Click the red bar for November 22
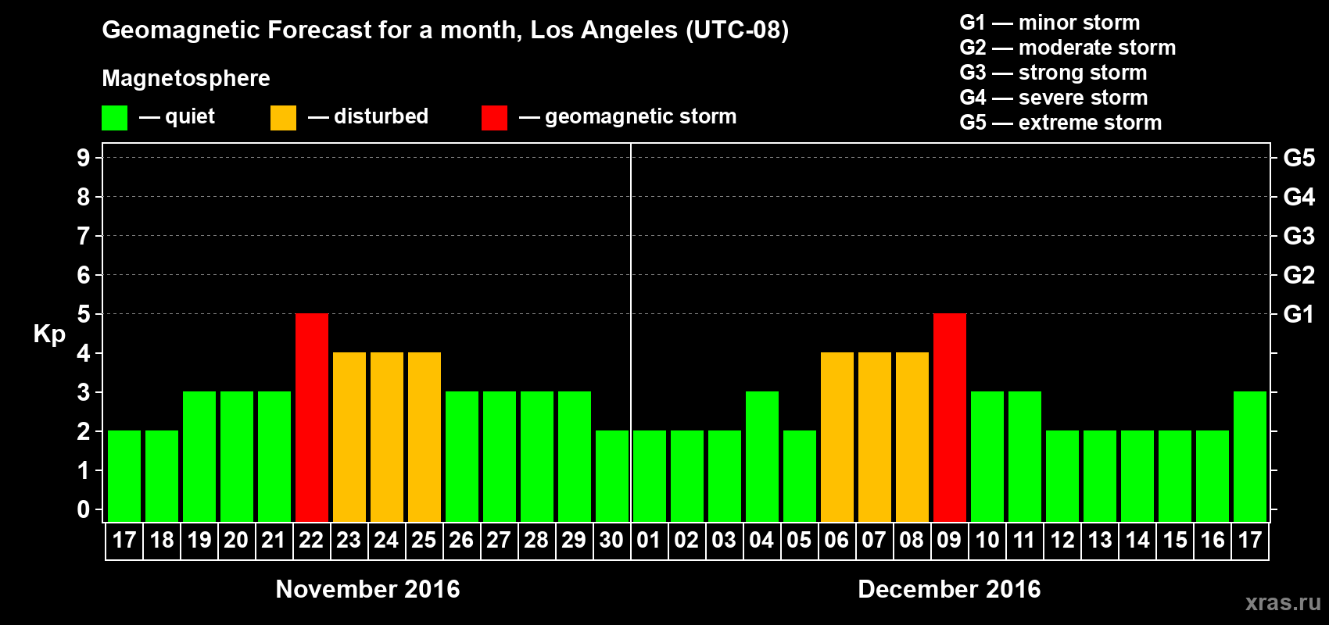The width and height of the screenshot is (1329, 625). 312,417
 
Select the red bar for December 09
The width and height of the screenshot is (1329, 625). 950,417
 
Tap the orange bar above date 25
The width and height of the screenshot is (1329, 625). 424,437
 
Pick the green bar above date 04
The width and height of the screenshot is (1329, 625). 762,456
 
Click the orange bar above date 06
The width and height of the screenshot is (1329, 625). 837,437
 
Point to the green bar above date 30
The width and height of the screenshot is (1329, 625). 612,476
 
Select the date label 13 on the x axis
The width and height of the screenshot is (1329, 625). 1100,540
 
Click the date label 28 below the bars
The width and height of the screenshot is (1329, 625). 536,540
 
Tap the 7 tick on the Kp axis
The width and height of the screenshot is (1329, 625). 84,236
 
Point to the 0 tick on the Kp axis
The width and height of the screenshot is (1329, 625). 84,509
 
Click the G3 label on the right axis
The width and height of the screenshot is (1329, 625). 1299,236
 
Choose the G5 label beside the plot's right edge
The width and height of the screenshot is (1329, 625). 1299,158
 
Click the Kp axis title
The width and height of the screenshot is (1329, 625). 49,334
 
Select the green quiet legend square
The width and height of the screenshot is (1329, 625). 114,118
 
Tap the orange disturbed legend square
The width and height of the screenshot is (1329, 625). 283,118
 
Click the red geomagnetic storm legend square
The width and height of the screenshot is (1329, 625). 494,118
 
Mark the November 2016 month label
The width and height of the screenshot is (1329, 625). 367,589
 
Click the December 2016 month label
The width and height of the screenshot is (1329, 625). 949,589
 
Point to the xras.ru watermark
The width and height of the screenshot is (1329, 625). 1283,602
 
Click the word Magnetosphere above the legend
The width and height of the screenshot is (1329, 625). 186,78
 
